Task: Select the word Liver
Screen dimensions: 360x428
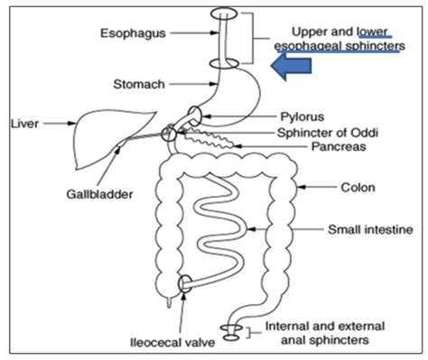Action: click(23, 119)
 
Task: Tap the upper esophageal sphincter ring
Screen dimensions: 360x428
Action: click(224, 14)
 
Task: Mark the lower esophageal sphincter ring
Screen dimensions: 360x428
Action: click(225, 63)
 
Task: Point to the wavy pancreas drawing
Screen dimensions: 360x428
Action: click(212, 140)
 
